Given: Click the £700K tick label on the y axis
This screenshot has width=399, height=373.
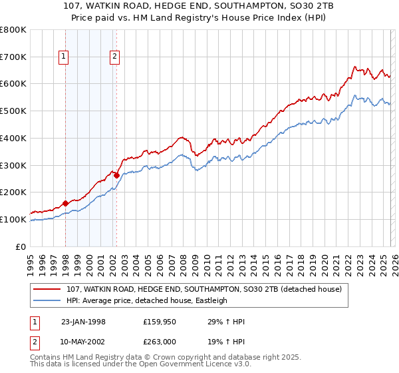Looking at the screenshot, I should [13, 57].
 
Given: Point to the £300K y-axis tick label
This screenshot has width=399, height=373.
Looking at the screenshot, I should [13, 165].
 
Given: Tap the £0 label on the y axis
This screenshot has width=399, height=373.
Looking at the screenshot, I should [21, 246].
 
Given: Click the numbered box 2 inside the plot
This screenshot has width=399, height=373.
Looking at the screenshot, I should [115, 57].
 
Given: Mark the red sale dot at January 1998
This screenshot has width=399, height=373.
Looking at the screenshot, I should [66, 203].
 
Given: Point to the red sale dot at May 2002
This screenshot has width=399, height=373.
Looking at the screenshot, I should [116, 175].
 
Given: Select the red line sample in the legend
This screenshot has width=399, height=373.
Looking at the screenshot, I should [48, 289].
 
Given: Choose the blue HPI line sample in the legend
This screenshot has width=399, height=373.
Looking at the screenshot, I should [48, 300].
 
